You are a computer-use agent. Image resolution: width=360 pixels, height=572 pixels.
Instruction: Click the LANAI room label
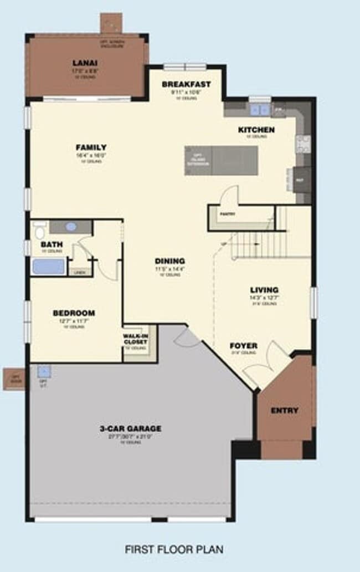point(85,63)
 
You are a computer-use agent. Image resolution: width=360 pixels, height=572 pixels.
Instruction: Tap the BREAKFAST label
point(186,84)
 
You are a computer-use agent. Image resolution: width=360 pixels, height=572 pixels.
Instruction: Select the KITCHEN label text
point(256,130)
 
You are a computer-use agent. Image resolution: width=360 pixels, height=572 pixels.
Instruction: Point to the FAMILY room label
point(91,147)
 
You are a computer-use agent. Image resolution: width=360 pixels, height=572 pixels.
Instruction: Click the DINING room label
point(169,261)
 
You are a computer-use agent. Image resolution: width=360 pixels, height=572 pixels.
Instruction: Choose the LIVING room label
point(264,290)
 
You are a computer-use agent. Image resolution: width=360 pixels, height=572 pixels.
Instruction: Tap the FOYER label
point(243,346)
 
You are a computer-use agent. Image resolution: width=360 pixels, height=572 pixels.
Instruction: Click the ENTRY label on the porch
point(285,411)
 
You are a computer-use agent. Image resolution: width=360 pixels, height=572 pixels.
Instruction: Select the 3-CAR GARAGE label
point(130,428)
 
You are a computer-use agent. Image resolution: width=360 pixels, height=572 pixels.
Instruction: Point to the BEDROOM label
point(74,313)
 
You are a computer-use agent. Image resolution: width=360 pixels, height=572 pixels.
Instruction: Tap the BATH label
point(52,244)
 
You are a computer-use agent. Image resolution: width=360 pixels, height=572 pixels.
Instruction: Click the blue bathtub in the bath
point(49,267)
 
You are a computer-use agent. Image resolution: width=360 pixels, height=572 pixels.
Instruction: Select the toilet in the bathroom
point(39,229)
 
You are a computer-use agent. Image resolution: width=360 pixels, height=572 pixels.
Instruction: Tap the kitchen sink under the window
point(259,109)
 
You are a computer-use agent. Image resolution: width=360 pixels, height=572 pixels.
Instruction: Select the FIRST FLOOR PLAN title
point(174,550)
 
